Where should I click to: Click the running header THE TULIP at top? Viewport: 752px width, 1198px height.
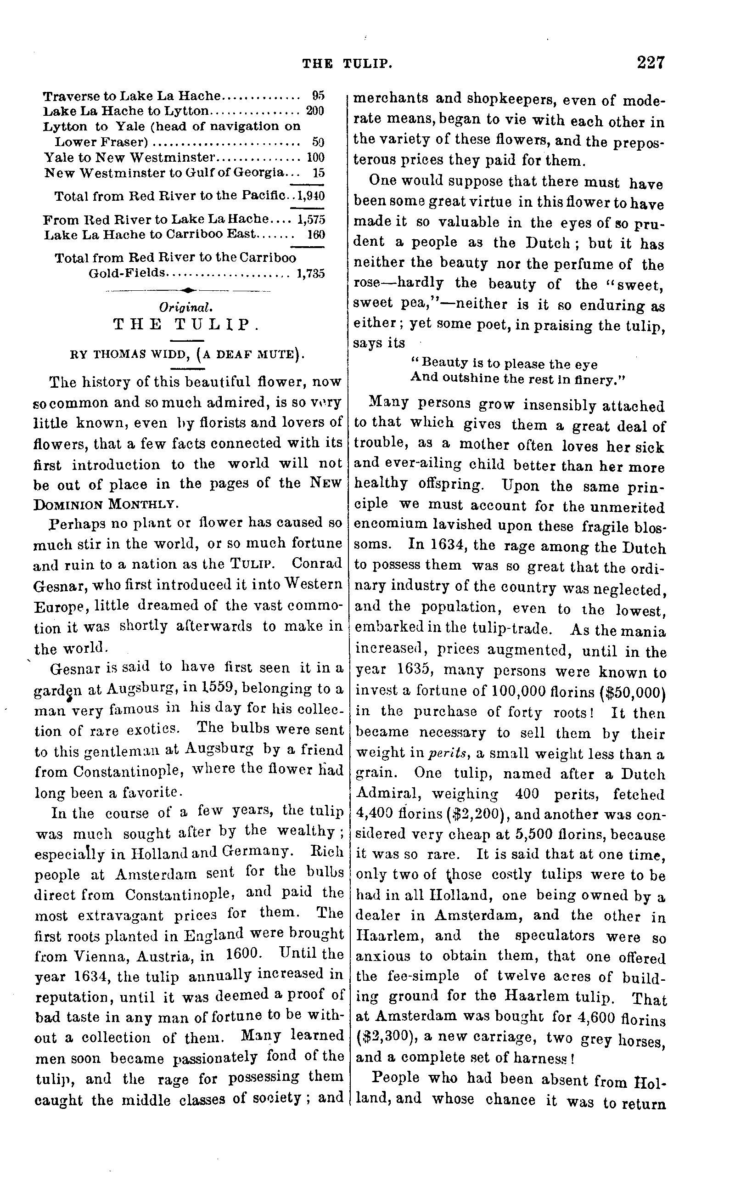348,63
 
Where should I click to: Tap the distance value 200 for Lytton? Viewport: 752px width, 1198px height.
315,110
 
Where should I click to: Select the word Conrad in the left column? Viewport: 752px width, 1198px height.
317,563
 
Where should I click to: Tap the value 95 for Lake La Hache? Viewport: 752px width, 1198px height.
318,95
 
